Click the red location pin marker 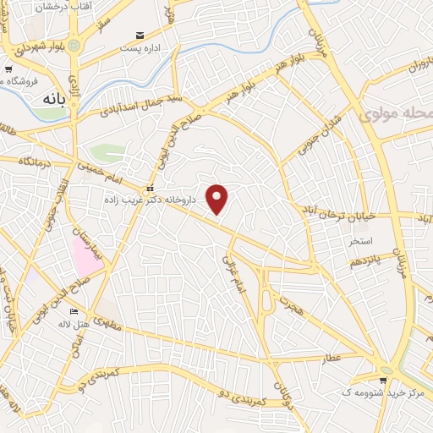point(218,200)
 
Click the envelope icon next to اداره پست point(140,36)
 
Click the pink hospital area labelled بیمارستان point(87,255)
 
